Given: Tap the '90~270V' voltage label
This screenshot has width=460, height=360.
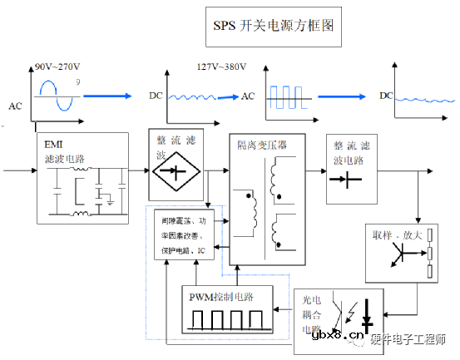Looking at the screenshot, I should click(x=58, y=67).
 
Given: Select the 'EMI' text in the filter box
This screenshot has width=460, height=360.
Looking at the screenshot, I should click(x=53, y=143).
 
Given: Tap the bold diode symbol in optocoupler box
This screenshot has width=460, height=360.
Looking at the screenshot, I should click(x=369, y=315).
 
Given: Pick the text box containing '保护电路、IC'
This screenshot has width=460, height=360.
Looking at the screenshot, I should click(x=184, y=235).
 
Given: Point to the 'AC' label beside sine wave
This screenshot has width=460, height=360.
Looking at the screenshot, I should click(x=15, y=106).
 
